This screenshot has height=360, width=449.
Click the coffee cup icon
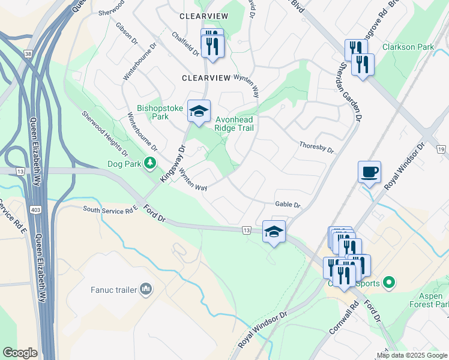369,172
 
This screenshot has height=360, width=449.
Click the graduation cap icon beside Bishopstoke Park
199,111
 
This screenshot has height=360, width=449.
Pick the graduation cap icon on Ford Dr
274,232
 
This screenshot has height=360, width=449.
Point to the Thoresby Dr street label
316,147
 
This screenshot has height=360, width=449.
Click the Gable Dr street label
288,205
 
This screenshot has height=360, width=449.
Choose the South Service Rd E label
110,211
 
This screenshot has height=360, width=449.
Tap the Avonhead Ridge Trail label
235,124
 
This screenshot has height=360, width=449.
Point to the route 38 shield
28,53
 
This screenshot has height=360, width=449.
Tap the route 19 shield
440,149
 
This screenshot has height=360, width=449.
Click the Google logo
20,352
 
